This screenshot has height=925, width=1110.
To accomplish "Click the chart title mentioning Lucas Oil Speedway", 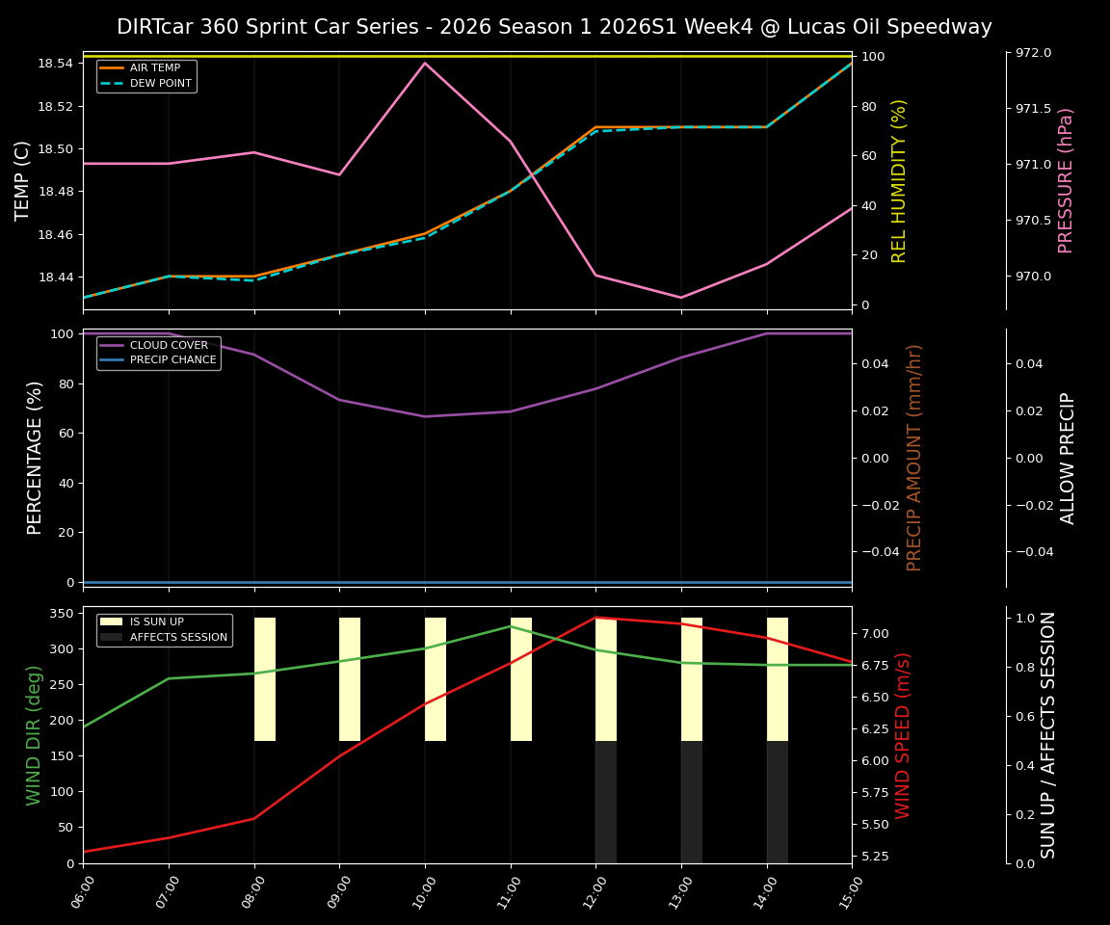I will pos(554,27).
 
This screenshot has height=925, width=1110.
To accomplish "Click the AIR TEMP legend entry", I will pos(154,68).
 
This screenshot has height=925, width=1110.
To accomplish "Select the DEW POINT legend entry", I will pos(160,84).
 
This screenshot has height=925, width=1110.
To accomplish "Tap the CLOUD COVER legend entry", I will pos(169,345).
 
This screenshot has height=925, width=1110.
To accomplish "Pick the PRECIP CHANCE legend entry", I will pos(172,360).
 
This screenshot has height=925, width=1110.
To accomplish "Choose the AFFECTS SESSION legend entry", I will pos(178,637).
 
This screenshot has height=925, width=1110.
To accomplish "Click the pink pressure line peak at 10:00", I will pos(425,63).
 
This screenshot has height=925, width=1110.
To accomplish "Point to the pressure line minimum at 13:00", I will pos(681,298).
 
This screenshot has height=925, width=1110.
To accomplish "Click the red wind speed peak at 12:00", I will pos(595,618).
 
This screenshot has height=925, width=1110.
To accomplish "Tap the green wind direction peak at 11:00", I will pos(511,626).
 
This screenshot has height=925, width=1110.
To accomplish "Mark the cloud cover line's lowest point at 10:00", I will pos(425,416).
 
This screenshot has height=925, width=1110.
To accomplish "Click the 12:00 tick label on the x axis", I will pos(595,892).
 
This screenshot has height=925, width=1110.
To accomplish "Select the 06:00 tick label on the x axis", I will pos(83,892).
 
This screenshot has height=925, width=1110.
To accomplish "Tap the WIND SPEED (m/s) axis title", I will pos(903,735).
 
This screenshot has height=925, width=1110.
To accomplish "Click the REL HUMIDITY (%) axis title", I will pos(900,180).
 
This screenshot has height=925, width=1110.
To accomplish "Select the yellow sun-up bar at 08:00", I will pos(265,679).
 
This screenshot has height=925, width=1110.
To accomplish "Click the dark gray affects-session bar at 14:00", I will pos(778,802).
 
